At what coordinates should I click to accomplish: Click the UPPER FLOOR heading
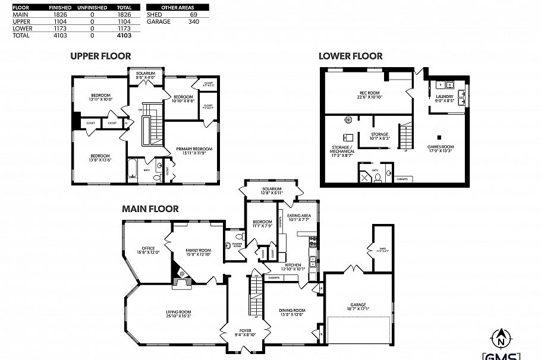pos(100,56)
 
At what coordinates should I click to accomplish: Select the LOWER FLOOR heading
pos(350,56)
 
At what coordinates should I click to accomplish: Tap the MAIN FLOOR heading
pos(150,209)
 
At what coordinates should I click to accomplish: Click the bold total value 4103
pos(124,36)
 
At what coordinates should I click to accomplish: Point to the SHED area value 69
pos(194,14)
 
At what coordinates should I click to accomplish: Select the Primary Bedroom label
pos(194,149)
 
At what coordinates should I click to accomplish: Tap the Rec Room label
pos(369,93)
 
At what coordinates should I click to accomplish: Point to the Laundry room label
pos(445,97)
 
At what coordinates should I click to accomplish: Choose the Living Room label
pos(178,311)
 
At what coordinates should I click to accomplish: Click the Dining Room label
pos(292,310)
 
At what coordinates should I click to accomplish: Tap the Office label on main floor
pos(148,248)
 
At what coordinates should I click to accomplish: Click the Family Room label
pos(198,251)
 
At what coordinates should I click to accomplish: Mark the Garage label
pos(358,305)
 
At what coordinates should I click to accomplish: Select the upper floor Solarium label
pos(145,74)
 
